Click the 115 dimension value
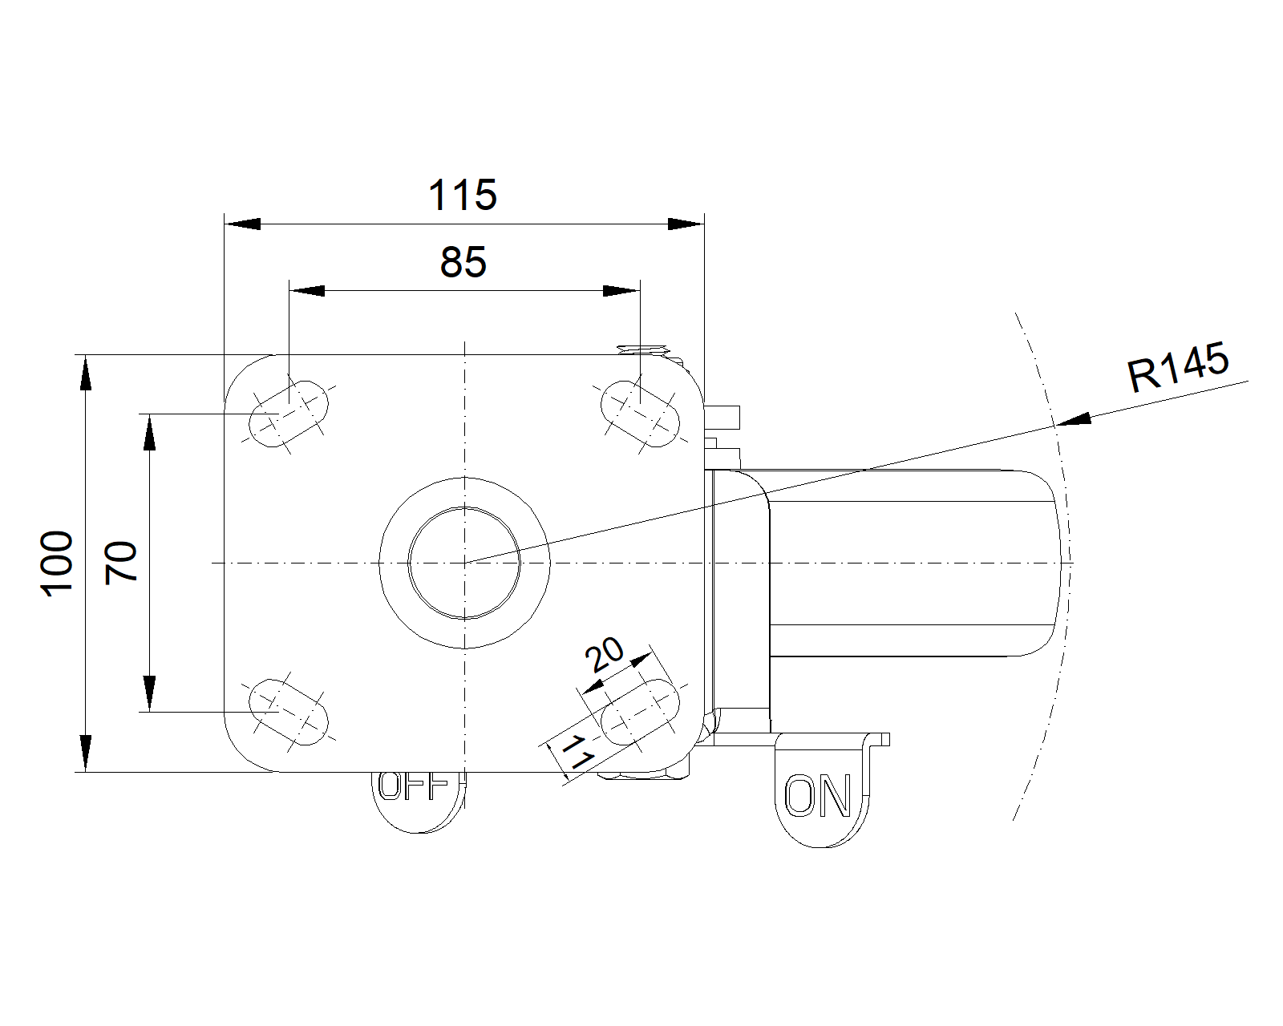coord(463,194)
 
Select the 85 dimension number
coord(463,262)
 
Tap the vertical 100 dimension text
coord(57,563)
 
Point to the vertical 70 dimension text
coord(121,562)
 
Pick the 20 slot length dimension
coord(604,654)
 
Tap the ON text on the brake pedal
coord(817,796)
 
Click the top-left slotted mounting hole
coord(289,413)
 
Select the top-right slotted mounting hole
coord(640,413)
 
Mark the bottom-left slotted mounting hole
coord(289,712)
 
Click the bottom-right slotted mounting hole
coord(640,712)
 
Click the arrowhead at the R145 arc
coord(1073,420)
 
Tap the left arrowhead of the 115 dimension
coord(243,224)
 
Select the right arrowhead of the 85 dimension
coord(621,291)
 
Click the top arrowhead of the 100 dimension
coord(86,373)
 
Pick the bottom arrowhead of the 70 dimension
coord(150,694)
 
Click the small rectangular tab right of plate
coord(722,418)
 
